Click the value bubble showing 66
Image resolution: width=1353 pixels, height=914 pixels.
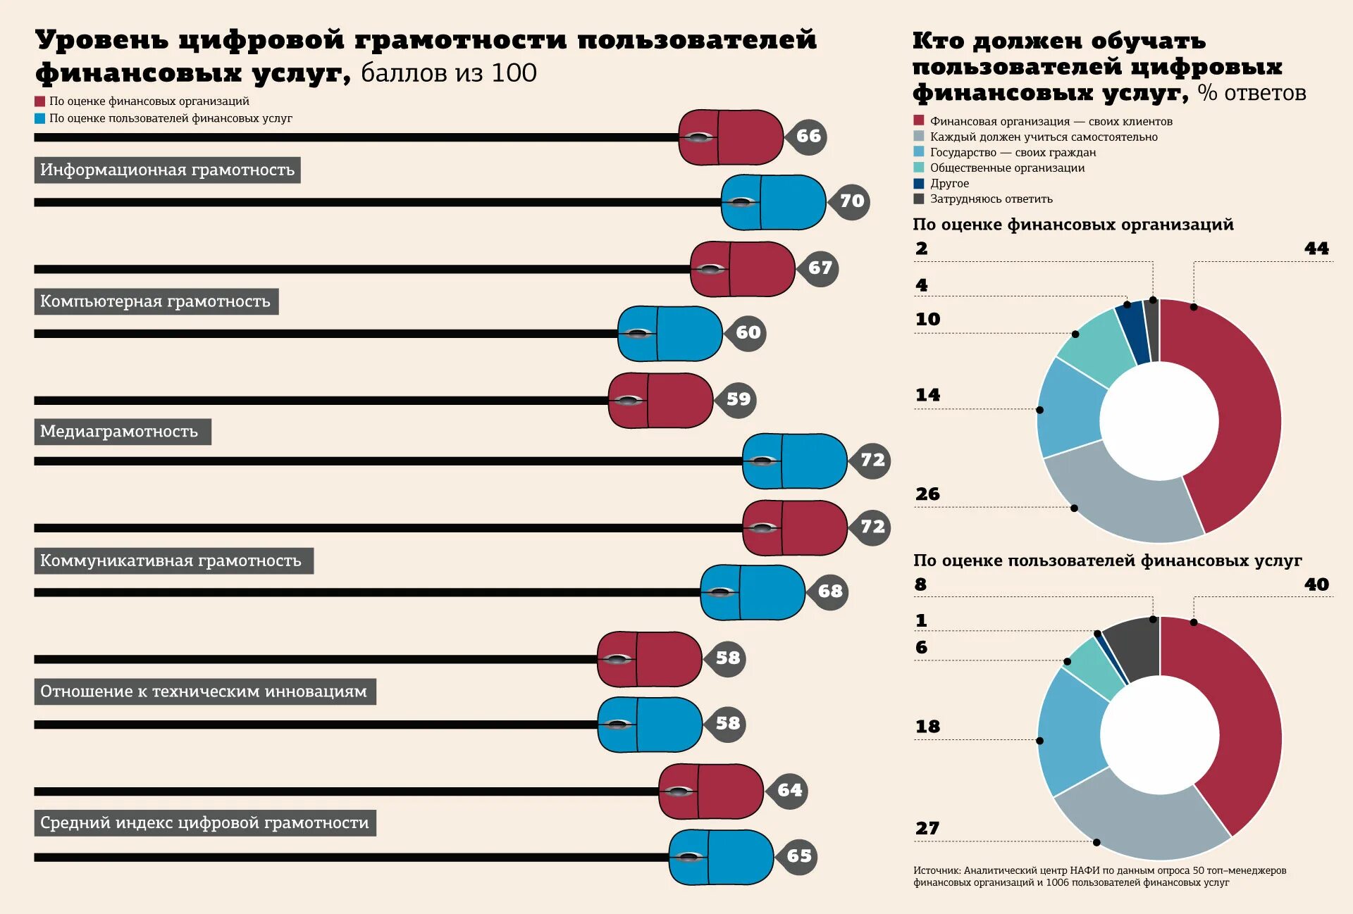(808, 136)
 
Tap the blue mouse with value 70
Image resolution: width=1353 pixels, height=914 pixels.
(773, 202)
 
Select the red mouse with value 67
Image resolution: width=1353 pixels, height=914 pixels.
(742, 269)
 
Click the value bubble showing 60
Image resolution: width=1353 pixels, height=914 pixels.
(747, 332)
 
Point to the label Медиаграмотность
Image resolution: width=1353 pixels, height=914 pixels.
(123, 432)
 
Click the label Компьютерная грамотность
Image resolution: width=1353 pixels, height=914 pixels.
(156, 301)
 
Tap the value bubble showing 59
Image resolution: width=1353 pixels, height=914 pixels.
(737, 399)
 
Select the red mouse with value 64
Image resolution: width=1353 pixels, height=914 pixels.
(710, 791)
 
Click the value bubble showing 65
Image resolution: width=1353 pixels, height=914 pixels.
(798, 856)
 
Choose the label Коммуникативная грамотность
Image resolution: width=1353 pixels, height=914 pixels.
(173, 561)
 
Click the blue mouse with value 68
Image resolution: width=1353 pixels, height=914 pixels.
(752, 592)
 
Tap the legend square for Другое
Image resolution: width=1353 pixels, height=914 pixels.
(918, 183)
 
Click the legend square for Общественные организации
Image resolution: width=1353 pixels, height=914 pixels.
(918, 168)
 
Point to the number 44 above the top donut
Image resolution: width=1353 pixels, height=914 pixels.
(1316, 249)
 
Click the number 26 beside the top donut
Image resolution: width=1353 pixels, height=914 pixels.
(927, 494)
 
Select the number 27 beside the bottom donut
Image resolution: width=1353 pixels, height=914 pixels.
(927, 828)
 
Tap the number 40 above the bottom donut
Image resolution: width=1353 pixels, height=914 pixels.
(1316, 584)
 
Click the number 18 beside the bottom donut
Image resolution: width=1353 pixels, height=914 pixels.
(927, 727)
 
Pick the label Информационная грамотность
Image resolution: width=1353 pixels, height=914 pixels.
(167, 170)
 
